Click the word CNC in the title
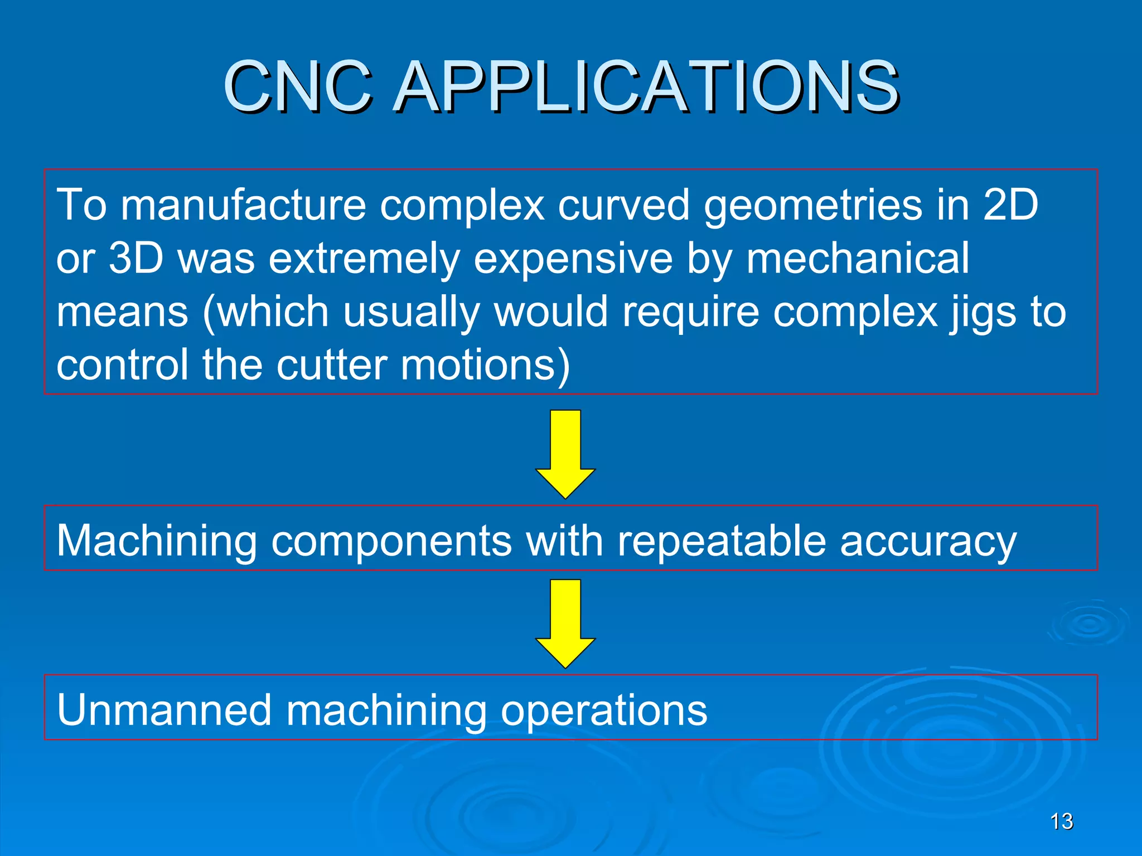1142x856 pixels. click(298, 86)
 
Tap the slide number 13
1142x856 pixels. click(1061, 821)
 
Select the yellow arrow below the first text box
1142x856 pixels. click(565, 454)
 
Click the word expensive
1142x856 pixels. click(573, 258)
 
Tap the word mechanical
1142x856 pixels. click(858, 258)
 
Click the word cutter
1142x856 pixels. click(332, 365)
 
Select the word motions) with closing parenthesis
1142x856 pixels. click(486, 365)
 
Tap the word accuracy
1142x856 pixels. click(928, 542)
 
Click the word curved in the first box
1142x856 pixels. click(624, 205)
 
